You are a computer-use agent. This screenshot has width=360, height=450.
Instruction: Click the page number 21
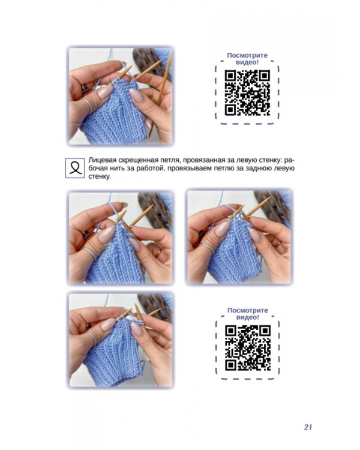tap(308, 427)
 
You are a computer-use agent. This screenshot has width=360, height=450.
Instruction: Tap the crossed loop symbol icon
tap(75, 168)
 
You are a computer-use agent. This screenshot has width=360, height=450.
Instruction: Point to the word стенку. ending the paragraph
tap(100, 176)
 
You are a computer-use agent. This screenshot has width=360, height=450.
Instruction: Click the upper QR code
tap(247, 92)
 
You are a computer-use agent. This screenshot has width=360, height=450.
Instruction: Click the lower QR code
tap(247, 347)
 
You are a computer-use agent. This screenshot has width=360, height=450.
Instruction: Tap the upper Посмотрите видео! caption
tap(247, 59)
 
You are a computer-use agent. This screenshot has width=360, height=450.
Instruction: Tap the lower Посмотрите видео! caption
tap(247, 314)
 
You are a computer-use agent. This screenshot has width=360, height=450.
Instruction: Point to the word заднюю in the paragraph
tap(262, 168)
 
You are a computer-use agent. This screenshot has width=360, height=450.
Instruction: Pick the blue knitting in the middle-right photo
tap(233, 253)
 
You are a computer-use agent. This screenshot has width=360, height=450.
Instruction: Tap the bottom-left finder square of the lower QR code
tap(231, 365)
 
